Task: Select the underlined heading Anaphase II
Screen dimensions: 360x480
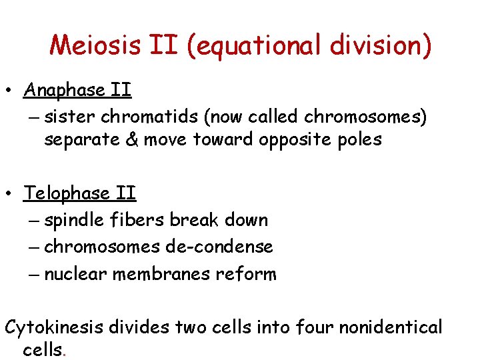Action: [x=78, y=90]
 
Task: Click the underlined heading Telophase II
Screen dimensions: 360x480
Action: [x=80, y=193]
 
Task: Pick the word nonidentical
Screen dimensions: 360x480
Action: [x=391, y=327]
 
